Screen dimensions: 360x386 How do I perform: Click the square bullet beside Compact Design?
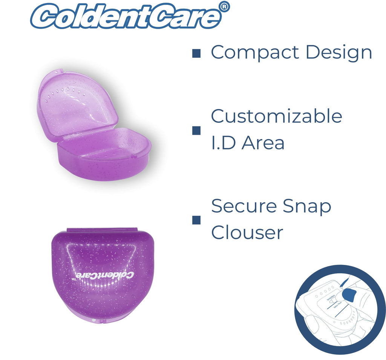pyautogui.click(x=196, y=53)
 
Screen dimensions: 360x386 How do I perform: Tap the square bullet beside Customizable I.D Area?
pyautogui.click(x=196, y=130)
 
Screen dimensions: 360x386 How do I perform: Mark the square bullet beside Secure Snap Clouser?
pyautogui.click(x=196, y=220)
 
